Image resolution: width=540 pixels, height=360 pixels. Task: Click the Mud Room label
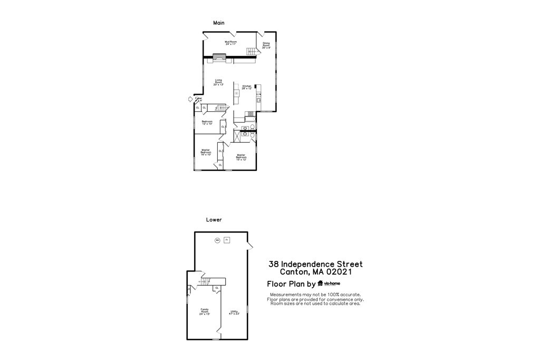pos(230,42)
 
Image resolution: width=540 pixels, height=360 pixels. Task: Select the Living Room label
pos(218,82)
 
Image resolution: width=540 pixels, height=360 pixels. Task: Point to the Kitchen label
pos(246,87)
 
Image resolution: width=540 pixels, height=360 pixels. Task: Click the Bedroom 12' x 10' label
pos(207,123)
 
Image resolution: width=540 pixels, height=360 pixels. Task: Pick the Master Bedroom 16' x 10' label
pos(206,152)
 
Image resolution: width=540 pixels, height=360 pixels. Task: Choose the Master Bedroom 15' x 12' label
pos(241,157)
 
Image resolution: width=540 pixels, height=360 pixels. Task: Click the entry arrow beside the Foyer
pos(190,99)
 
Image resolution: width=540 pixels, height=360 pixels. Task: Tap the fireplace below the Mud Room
pos(219,57)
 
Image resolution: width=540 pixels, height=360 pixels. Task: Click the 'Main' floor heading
pos(219,23)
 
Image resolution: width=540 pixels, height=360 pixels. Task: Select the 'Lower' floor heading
pos(214,220)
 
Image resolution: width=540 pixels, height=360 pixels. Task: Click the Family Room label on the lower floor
pos(205,312)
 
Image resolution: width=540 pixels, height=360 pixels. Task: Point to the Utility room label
pos(234,313)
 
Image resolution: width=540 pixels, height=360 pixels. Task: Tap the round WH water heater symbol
pos(217,240)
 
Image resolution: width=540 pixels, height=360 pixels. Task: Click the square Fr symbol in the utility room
pos(227,240)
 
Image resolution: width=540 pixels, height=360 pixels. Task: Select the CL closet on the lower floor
pos(216,288)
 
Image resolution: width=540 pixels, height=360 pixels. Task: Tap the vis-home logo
pos(329,284)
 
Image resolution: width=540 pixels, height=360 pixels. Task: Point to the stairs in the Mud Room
pos(252,51)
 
